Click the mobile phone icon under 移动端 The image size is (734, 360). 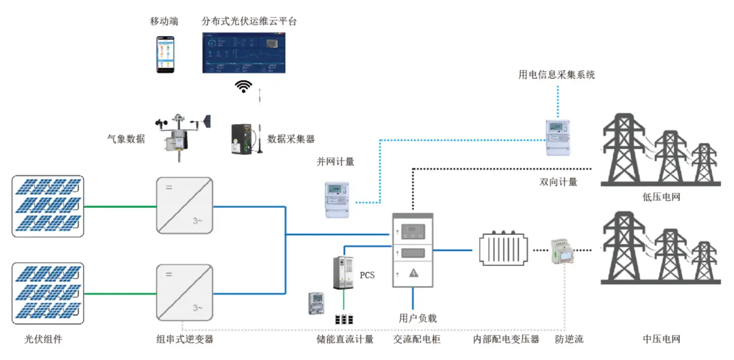(x=165, y=55)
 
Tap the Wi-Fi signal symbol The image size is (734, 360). (x=244, y=86)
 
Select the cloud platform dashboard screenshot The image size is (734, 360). (x=244, y=52)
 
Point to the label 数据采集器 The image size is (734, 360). (x=291, y=139)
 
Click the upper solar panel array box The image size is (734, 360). (x=48, y=206)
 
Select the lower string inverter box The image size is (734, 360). (x=184, y=293)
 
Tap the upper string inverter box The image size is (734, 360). (x=184, y=205)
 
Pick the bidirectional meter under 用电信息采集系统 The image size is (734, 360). (x=558, y=137)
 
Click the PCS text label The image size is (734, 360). (x=367, y=275)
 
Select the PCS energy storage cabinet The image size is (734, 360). (x=343, y=273)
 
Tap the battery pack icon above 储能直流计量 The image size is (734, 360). (x=344, y=320)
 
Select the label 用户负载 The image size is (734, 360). (x=418, y=318)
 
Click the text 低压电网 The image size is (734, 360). (x=661, y=197)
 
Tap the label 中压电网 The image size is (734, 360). (x=661, y=339)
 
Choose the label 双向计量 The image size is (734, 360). (x=558, y=182)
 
